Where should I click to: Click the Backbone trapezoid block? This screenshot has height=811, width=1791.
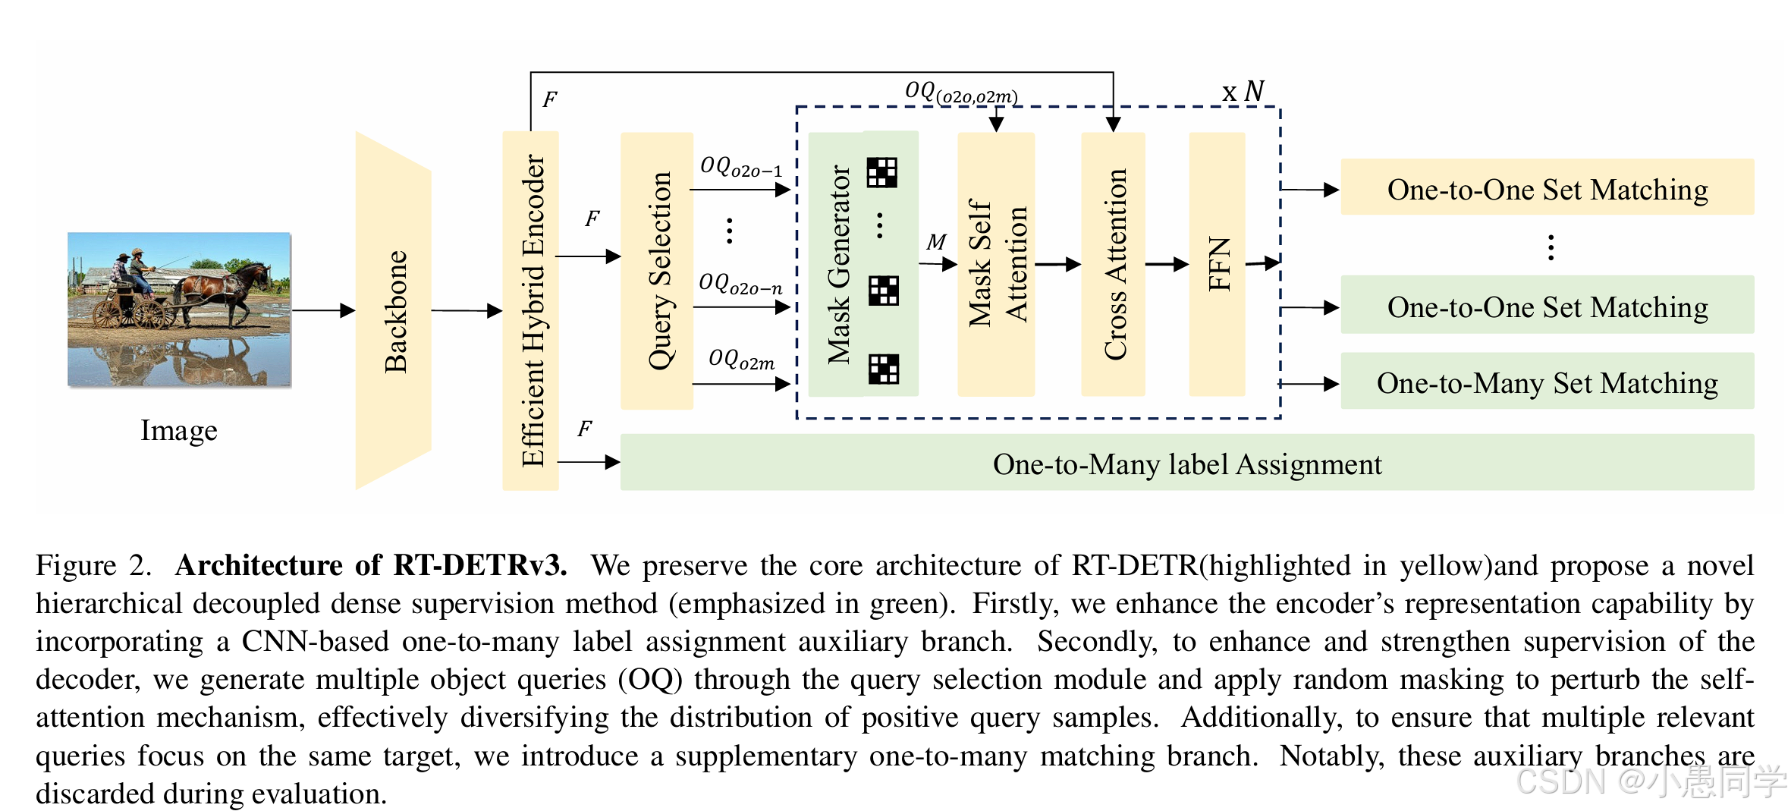tap(394, 311)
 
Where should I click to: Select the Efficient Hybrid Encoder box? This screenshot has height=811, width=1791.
tap(531, 311)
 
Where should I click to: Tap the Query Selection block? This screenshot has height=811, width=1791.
tap(657, 271)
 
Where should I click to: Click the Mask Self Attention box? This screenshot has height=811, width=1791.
tap(996, 264)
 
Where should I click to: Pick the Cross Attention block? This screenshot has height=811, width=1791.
tap(1113, 264)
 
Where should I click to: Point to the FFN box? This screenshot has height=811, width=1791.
tap(1217, 264)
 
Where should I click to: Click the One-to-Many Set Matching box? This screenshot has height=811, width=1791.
tap(1547, 382)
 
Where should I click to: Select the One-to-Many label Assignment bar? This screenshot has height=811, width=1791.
tap(1186, 463)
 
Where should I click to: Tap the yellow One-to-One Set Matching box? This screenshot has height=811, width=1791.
tap(1547, 188)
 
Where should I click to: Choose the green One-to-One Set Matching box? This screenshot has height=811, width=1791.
tap(1547, 306)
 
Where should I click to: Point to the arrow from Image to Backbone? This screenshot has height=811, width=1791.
tap(323, 310)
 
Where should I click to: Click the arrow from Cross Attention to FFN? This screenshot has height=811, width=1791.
tap(1166, 264)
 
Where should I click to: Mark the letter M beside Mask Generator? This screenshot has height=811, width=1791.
tap(936, 242)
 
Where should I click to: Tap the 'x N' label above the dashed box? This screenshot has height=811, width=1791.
tap(1243, 92)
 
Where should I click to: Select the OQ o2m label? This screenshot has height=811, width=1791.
tap(741, 359)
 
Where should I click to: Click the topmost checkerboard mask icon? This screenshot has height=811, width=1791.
tap(882, 172)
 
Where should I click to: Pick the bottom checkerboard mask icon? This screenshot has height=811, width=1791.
tap(884, 369)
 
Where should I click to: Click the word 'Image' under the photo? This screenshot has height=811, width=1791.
tap(179, 430)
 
